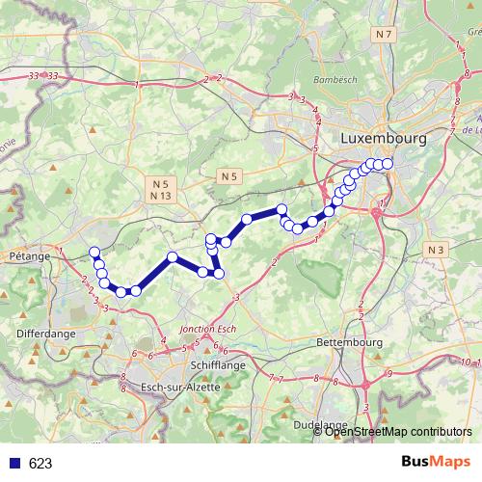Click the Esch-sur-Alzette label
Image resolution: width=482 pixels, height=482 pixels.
coord(180,387)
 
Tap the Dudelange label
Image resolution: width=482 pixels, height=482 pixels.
coord(320,424)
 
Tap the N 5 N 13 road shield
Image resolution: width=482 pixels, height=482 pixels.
coord(159,189)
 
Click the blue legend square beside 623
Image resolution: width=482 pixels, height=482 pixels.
coord(13,463)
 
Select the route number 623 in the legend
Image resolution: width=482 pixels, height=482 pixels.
coord(40,463)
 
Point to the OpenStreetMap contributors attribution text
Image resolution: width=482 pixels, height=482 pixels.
coord(397,431)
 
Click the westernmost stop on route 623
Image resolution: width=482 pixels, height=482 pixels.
coord(94,253)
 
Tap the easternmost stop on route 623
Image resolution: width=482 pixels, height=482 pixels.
coord(388,164)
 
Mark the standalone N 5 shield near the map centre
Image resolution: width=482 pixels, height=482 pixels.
coord(228,176)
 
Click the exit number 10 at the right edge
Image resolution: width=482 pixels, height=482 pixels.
coord(466,361)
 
